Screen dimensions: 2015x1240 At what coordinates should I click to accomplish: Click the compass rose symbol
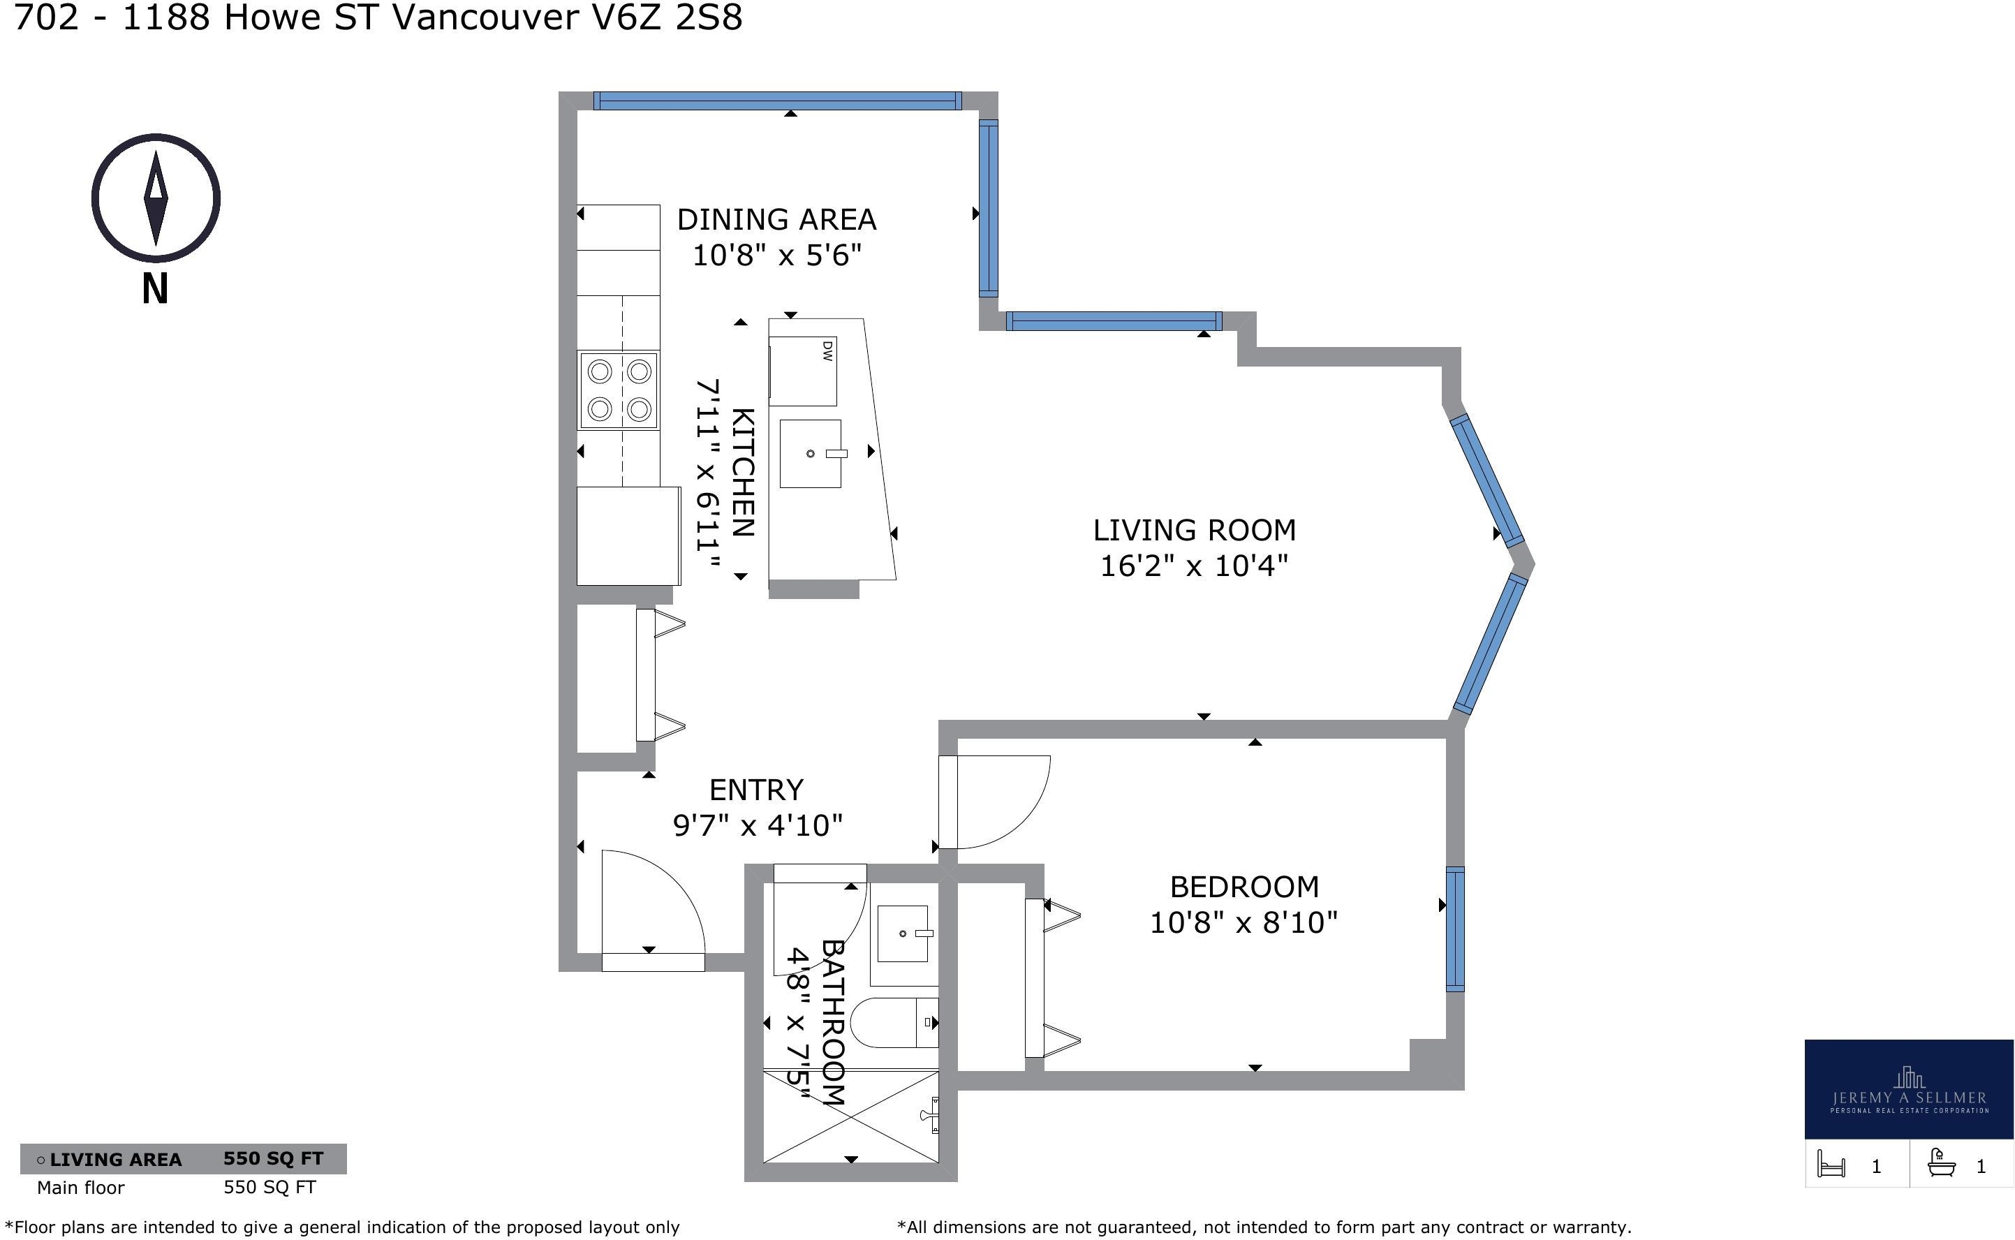coord(155,198)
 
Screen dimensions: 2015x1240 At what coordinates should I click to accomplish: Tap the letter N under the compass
coord(155,288)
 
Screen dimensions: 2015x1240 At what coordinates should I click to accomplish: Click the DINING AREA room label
coord(776,220)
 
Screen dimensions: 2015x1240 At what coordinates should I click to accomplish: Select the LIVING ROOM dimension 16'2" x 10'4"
coord(1193,566)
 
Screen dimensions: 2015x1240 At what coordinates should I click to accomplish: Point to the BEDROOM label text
coord(1244,887)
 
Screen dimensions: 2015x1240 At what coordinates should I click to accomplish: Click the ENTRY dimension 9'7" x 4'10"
coord(758,825)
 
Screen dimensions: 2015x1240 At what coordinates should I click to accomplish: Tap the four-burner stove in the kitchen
coord(619,390)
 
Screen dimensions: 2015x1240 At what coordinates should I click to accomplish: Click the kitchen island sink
coord(811,454)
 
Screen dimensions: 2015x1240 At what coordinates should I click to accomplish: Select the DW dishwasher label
coord(827,351)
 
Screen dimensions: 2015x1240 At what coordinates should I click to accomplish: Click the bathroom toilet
coord(894,1023)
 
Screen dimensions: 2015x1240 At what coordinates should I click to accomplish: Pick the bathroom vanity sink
coord(903,933)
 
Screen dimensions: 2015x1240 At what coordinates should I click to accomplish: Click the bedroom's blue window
coord(1455,929)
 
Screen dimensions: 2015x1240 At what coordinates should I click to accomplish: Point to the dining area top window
coord(778,101)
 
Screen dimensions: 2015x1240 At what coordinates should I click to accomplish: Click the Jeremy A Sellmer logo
coord(1908,1089)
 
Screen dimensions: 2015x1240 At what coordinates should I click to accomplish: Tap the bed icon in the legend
coord(1831,1165)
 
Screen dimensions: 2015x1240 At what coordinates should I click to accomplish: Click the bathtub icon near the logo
coord(1940,1165)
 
